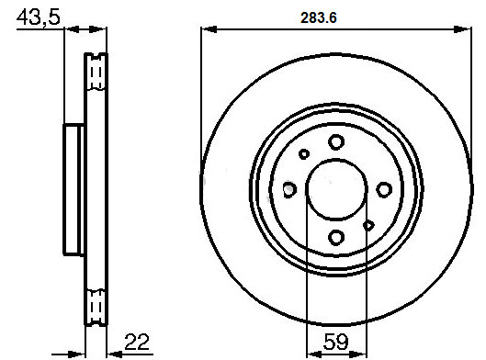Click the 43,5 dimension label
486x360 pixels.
pos(38,18)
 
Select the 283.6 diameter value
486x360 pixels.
pos(318,18)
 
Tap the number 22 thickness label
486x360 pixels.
pos(137,342)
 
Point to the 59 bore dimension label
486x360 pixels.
pos(335,342)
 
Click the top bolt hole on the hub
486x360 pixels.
pos(336,142)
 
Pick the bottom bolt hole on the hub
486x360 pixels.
pos(336,238)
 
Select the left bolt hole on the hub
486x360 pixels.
pos(289,189)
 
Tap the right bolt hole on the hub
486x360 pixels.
pos(384,189)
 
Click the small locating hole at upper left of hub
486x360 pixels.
pos(304,154)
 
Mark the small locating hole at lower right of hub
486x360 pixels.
pos(368,226)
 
